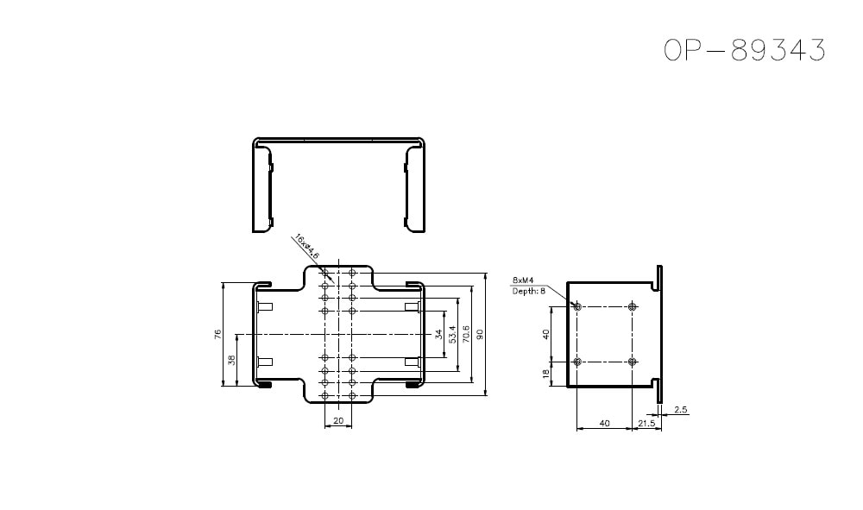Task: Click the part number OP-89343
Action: (x=745, y=51)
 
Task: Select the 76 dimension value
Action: (x=219, y=333)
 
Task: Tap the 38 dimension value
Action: (x=231, y=359)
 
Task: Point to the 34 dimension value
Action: (x=438, y=333)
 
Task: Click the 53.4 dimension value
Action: (x=452, y=333)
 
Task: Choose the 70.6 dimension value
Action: (x=466, y=333)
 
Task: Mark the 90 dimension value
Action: (x=480, y=333)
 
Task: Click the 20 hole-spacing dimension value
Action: (x=338, y=420)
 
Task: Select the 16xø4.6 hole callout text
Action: (x=306, y=246)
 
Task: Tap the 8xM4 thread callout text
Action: (x=523, y=280)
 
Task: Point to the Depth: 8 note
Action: (x=528, y=291)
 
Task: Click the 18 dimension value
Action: (x=545, y=374)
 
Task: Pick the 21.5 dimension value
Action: (x=646, y=423)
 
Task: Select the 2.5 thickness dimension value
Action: (x=681, y=410)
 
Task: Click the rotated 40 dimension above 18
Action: (x=545, y=334)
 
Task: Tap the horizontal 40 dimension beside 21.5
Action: (x=604, y=423)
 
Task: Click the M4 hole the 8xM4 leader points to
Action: (x=577, y=306)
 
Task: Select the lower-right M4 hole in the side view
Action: (x=633, y=361)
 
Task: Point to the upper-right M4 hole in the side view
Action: (x=633, y=306)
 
